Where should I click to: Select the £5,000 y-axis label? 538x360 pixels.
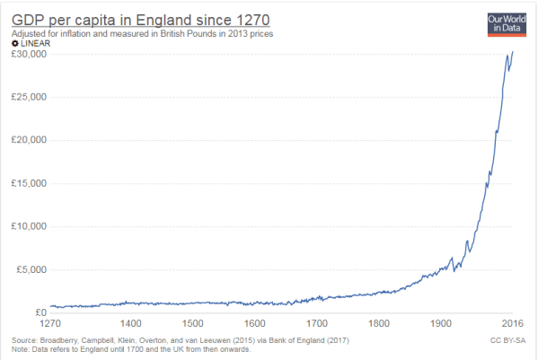point(28,269)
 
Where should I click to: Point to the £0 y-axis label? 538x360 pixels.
point(36,312)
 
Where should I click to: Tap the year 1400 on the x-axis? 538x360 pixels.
point(130,323)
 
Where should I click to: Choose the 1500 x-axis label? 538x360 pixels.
point(192,323)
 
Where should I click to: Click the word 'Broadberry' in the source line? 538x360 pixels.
point(63,340)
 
